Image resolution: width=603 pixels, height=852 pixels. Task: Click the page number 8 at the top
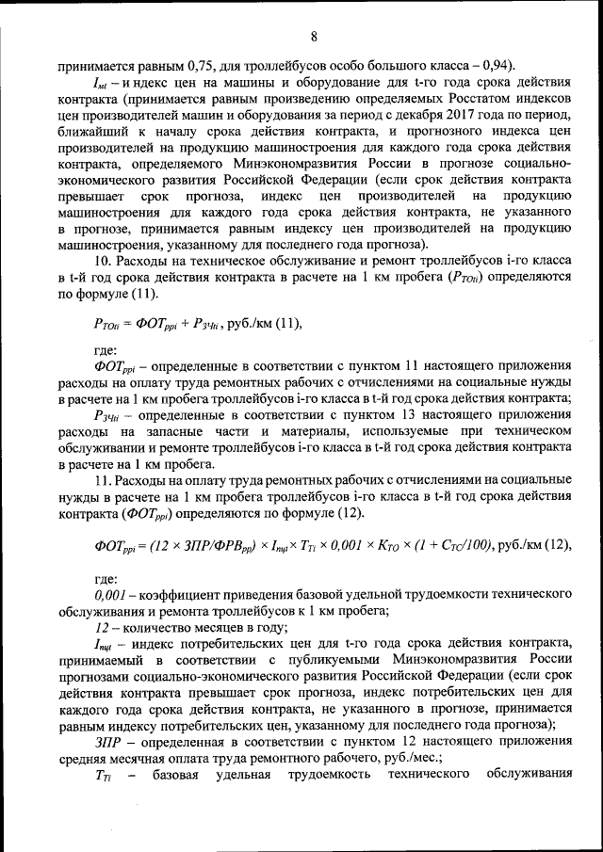tap(314, 37)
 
